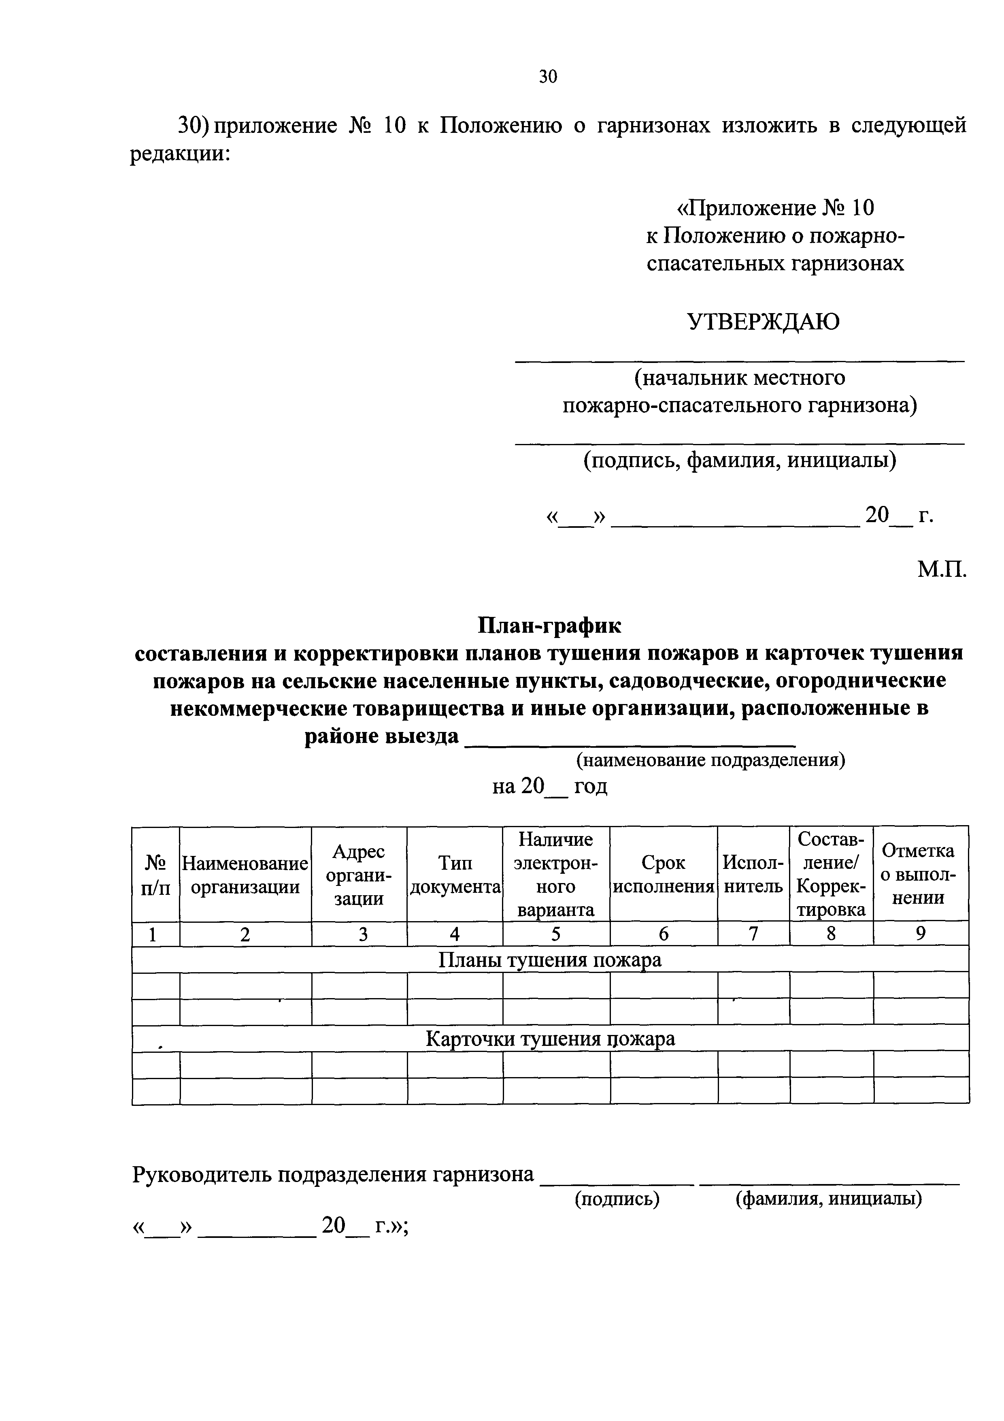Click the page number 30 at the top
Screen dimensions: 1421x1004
548,77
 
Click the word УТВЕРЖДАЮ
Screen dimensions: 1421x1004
764,322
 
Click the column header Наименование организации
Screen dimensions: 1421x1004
245,875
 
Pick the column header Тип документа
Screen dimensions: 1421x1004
455,875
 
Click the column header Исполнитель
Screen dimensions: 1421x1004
753,875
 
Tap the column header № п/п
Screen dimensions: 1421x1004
155,875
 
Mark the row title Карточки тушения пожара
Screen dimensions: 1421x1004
549,1039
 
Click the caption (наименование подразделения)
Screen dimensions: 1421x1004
710,760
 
